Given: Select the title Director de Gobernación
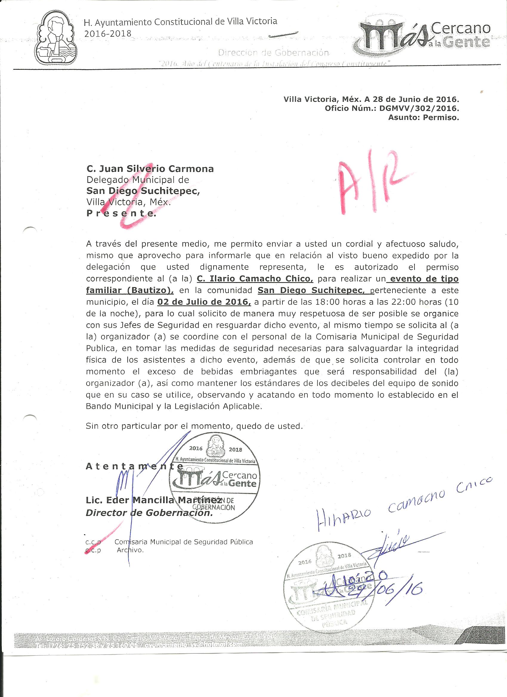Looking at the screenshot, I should point(149,513).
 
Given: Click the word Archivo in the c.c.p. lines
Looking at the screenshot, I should point(130,550).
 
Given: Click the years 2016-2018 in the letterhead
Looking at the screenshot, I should point(108,33).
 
